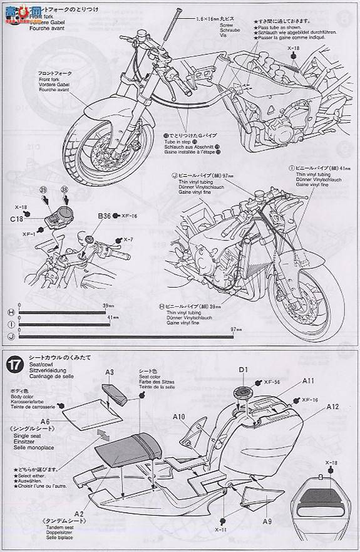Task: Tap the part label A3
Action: tap(109, 373)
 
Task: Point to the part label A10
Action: tap(179, 415)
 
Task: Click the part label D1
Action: tap(244, 369)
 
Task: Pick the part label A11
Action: tap(307, 380)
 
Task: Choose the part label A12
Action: tap(332, 406)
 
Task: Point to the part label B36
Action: tap(104, 216)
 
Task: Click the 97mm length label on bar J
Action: tap(237, 329)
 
